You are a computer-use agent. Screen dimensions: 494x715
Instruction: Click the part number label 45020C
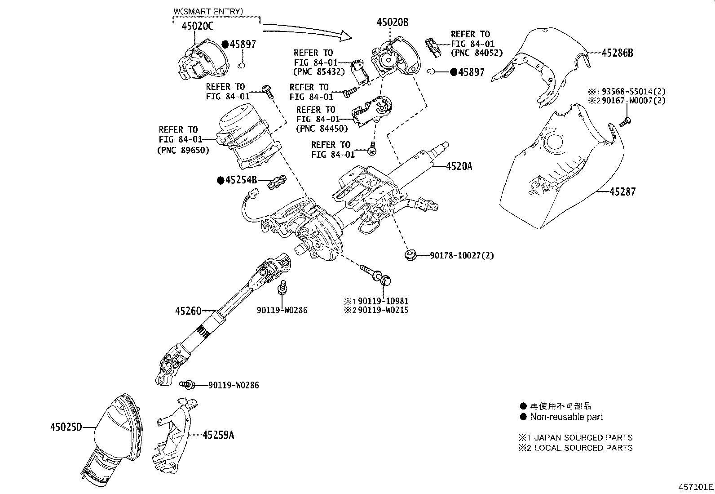pyautogui.click(x=197, y=27)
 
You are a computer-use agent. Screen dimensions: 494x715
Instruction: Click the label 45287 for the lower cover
pyautogui.click(x=622, y=192)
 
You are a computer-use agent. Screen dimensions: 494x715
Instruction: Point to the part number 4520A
pyautogui.click(x=459, y=166)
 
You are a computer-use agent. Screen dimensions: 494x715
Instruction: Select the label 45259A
pyautogui.click(x=218, y=435)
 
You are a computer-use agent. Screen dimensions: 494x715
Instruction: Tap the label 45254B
pyautogui.click(x=241, y=180)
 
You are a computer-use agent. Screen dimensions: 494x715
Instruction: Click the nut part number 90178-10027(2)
pyautogui.click(x=462, y=256)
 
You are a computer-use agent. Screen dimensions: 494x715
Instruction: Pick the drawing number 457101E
pyautogui.click(x=695, y=487)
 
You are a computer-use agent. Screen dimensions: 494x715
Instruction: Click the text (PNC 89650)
pyautogui.click(x=183, y=151)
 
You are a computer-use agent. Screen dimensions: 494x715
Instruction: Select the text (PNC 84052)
pyautogui.click(x=477, y=53)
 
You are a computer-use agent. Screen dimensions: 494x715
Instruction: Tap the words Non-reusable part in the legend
pyautogui.click(x=566, y=417)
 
